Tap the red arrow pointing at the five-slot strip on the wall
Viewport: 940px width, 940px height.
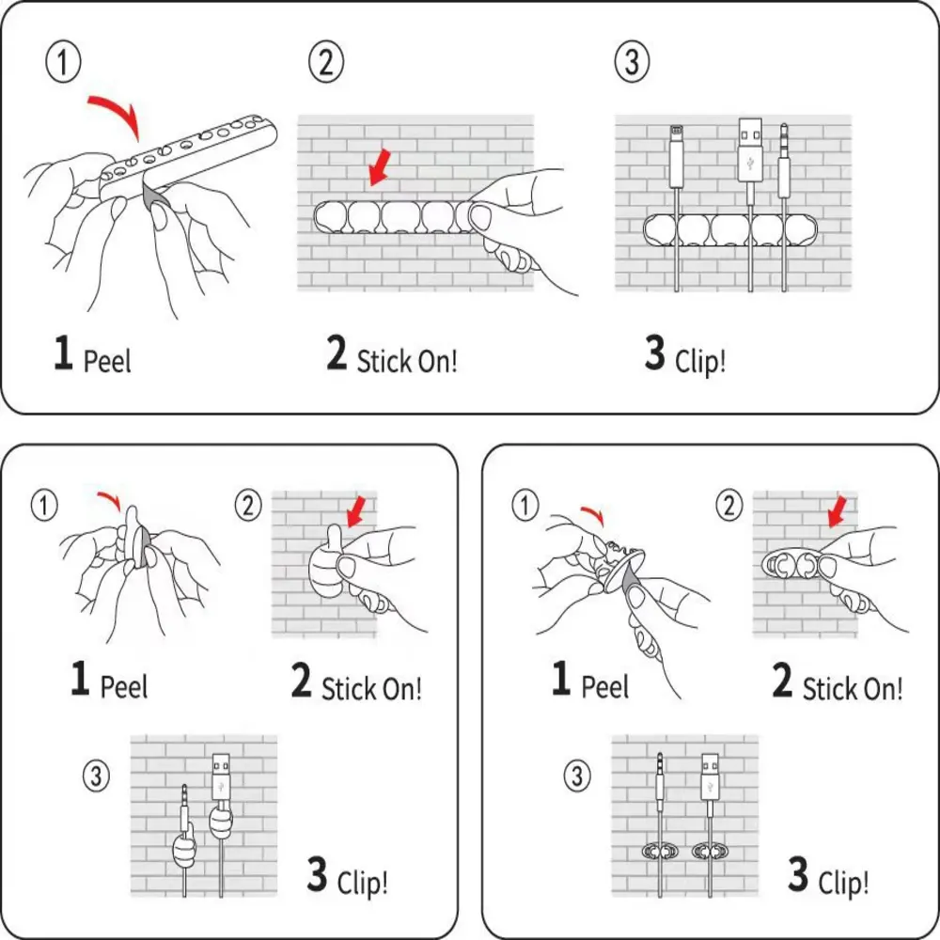(379, 168)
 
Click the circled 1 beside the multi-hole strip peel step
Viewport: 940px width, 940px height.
(64, 62)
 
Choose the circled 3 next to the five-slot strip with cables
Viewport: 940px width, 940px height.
(632, 62)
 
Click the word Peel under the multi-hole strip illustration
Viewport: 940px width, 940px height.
(108, 361)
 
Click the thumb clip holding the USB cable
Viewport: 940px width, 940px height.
(220, 823)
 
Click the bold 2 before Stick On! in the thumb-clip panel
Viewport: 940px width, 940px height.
(301, 681)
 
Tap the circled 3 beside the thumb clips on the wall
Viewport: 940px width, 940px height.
(97, 775)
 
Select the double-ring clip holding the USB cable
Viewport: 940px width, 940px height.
(711, 851)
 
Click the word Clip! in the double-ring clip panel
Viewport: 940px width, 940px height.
(843, 883)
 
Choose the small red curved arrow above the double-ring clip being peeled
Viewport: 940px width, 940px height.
(592, 513)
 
